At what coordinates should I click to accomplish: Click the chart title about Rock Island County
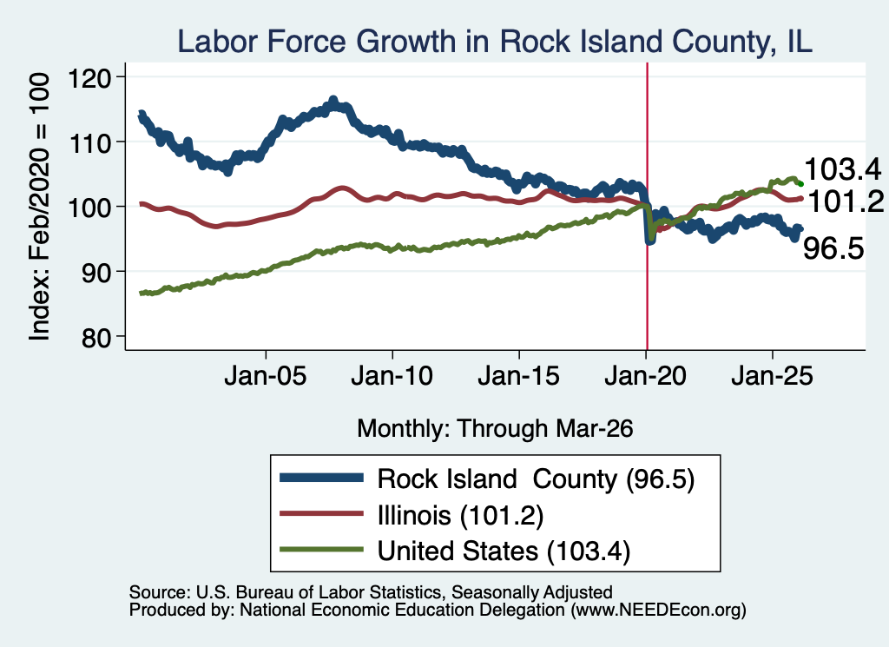[495, 42]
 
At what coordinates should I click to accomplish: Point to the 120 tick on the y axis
[89, 77]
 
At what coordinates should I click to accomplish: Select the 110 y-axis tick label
[89, 143]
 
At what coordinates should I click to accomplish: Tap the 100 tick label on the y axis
[89, 208]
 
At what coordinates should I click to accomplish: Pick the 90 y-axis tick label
[96, 273]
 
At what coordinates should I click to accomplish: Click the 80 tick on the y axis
[96, 338]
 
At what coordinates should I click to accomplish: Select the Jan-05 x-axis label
[266, 375]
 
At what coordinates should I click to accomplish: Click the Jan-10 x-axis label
[392, 375]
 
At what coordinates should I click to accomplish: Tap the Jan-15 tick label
[519, 375]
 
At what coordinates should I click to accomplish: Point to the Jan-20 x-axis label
[646, 375]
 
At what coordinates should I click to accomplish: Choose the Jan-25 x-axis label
[772, 375]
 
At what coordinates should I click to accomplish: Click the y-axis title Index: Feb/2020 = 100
[39, 207]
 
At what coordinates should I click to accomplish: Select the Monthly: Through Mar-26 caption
[495, 429]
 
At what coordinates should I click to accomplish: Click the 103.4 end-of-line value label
[842, 169]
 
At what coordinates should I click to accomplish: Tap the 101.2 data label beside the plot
[846, 201]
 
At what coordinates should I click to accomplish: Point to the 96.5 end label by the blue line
[833, 248]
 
